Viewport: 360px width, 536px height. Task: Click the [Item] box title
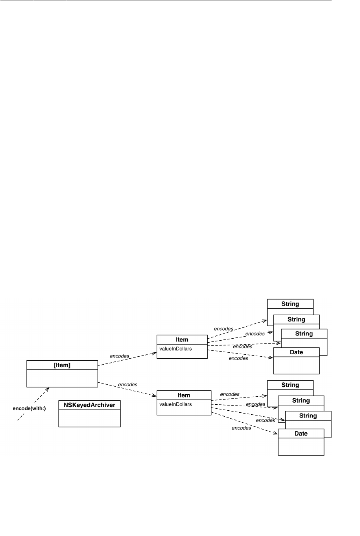[x=62, y=365]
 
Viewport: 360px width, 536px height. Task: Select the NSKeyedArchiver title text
[x=89, y=405]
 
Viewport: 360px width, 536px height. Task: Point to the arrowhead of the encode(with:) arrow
[x=48, y=388]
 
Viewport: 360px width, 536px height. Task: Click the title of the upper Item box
[x=182, y=339]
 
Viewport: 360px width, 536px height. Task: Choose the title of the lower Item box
[x=184, y=395]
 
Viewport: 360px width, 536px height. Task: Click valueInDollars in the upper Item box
[x=176, y=349]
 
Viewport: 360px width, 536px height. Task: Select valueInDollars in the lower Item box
[x=176, y=404]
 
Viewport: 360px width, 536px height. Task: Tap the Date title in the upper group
[x=296, y=352]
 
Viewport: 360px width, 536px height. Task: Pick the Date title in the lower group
[x=301, y=434]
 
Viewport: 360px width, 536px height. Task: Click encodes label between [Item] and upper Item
[x=119, y=355]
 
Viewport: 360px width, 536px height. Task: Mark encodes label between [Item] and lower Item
[x=128, y=385]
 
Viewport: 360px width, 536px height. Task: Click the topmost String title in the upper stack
[x=290, y=304]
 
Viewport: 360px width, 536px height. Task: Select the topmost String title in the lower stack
[x=290, y=385]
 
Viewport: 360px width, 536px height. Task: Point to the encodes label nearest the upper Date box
[x=238, y=358]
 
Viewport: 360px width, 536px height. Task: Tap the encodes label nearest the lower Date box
[x=241, y=428]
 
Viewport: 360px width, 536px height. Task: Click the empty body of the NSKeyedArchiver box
[x=89, y=418]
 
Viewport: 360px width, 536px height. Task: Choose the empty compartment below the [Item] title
[x=62, y=378]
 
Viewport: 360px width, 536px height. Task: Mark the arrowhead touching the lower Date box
[x=276, y=434]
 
